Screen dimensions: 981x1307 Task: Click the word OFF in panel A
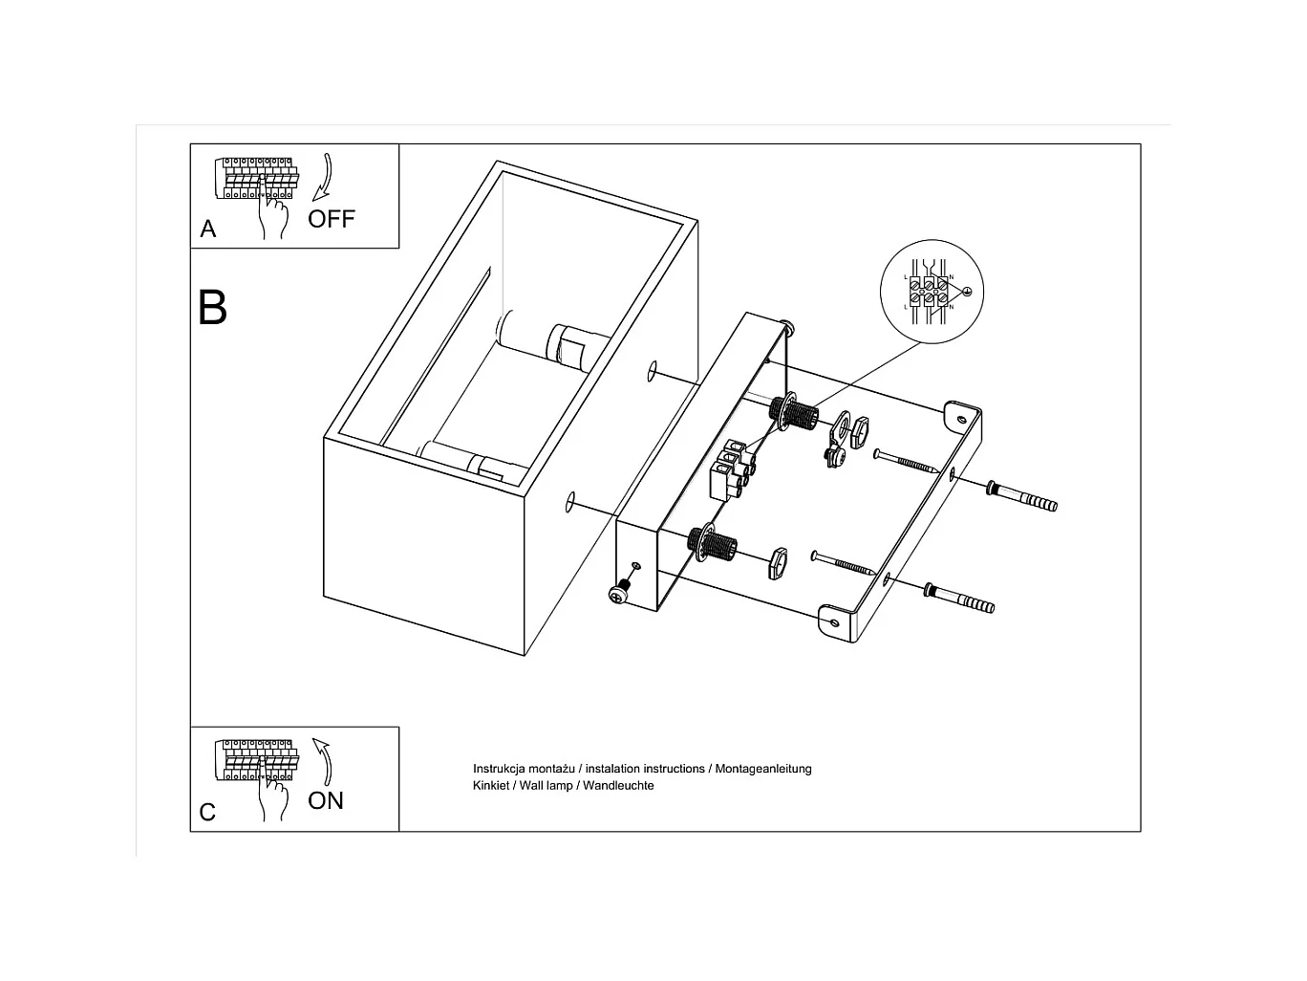coord(331,219)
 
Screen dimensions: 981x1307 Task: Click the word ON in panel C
coord(326,800)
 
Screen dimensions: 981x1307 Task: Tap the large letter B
coord(212,308)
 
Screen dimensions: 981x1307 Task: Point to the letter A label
coord(208,229)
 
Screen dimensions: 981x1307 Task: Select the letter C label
coord(207,812)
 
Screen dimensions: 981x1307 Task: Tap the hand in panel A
coord(273,215)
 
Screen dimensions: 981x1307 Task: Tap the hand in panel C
coord(273,796)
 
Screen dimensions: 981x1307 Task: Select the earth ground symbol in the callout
coord(966,292)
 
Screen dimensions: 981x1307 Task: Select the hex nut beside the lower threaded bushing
coord(775,562)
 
